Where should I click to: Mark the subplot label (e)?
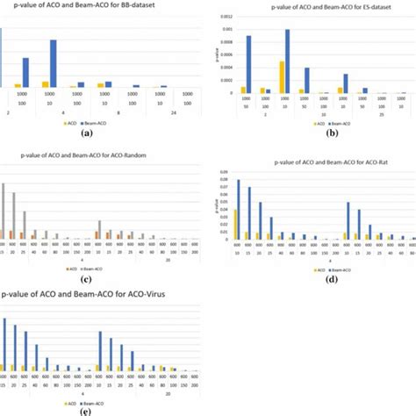[x=85, y=410]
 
